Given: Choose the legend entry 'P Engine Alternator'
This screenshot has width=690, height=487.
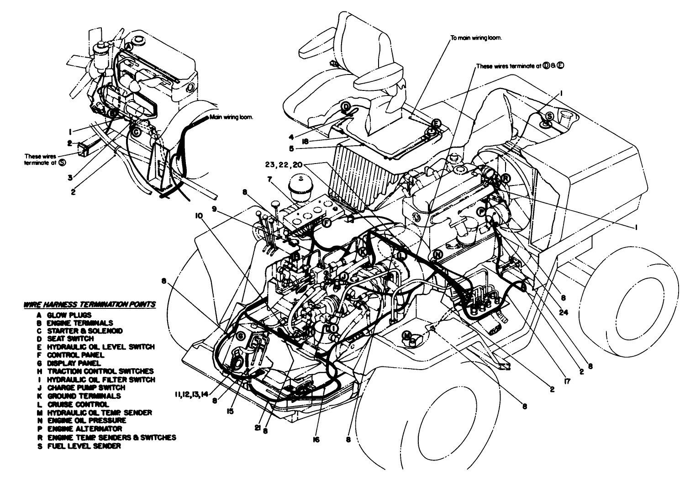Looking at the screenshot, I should point(79,429).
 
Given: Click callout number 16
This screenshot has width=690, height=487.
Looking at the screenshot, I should point(316,439).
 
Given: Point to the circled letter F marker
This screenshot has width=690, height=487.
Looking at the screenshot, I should point(327,223).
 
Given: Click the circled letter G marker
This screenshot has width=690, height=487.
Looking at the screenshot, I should point(240,336).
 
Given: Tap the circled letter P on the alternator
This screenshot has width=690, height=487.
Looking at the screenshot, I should point(481,212).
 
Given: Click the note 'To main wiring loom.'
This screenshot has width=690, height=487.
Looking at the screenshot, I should point(476,38).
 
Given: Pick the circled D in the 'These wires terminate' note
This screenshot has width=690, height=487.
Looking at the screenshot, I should point(546,66).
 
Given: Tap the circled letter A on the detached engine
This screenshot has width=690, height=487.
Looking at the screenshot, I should point(129,47).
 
